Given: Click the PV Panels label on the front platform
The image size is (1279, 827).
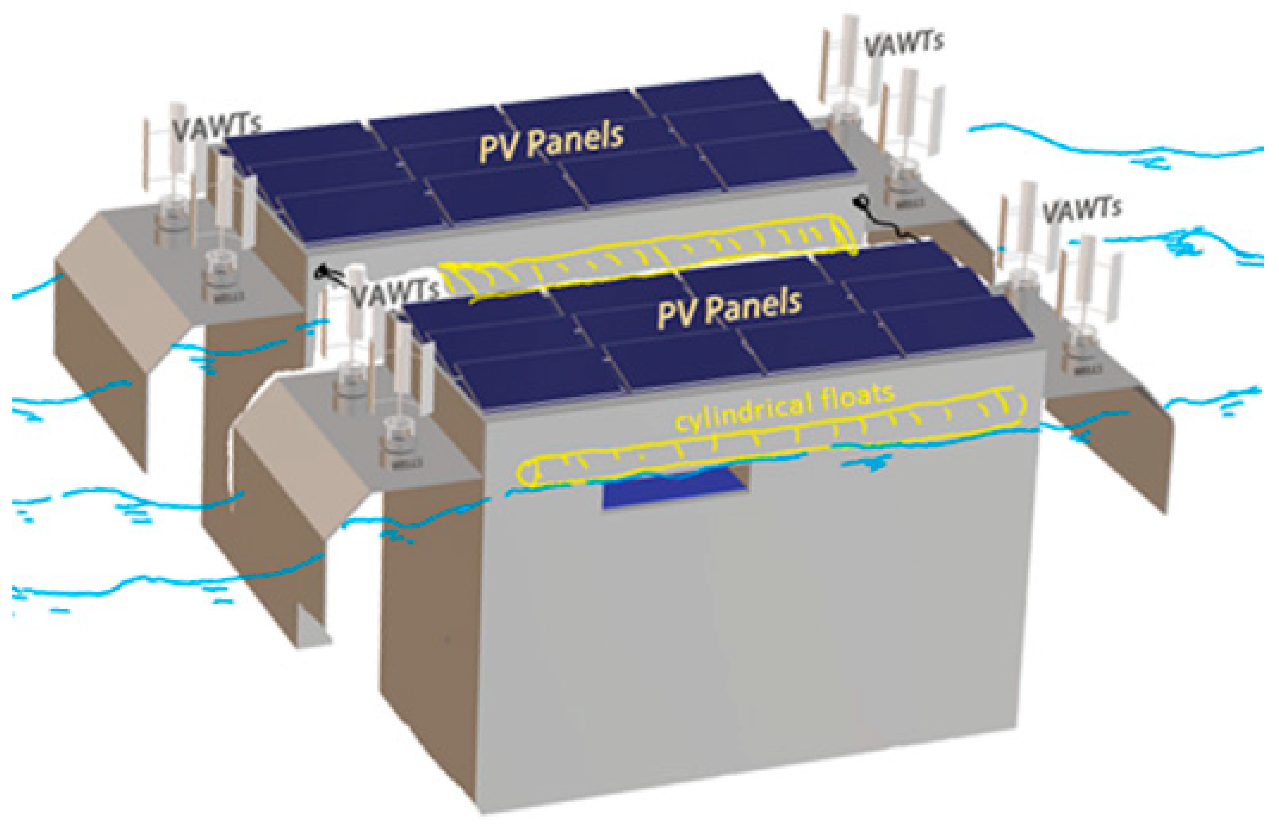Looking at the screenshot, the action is [729, 308].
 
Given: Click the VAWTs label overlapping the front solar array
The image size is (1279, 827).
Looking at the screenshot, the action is [395, 293].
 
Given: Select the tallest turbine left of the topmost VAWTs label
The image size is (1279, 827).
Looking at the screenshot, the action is [850, 59].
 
